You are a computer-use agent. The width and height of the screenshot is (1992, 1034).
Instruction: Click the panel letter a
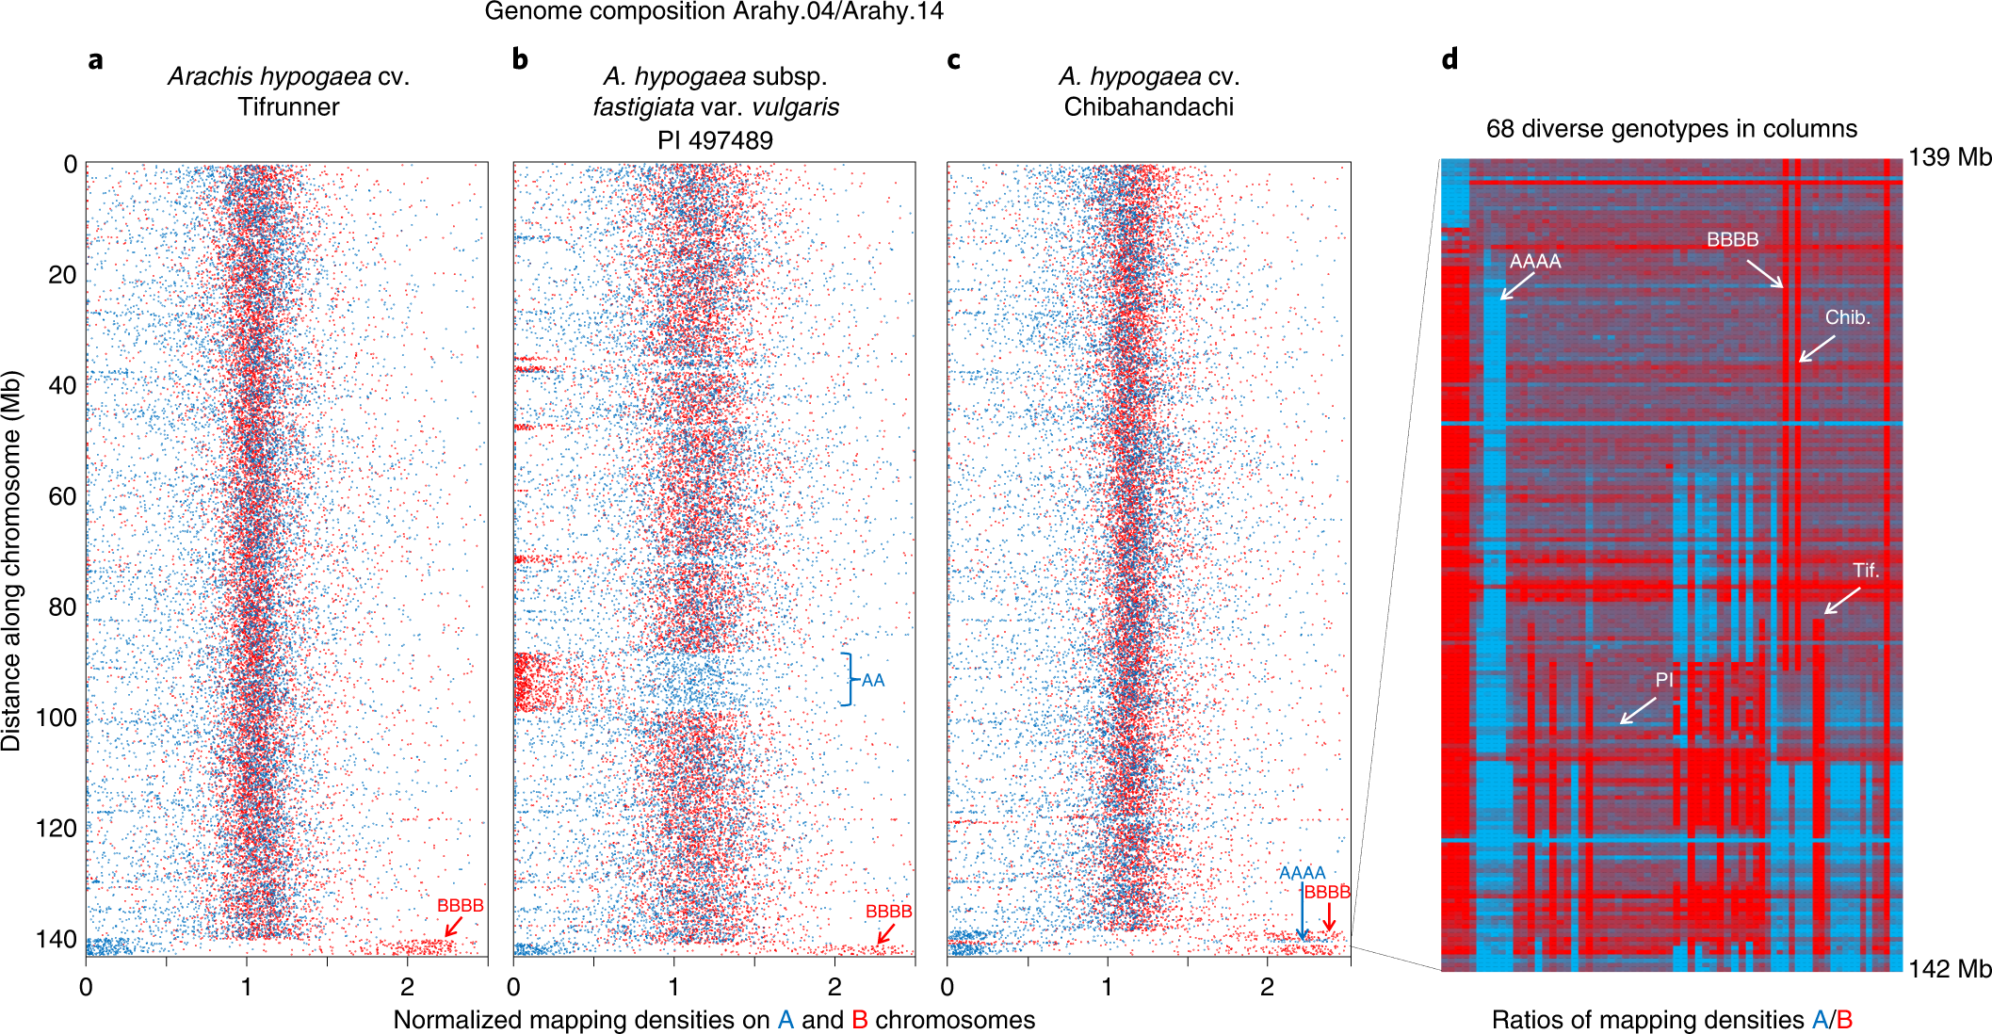click(95, 60)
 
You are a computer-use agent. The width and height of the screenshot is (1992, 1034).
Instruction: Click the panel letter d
click(1449, 59)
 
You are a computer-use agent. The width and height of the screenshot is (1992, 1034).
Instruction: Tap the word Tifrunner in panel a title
click(288, 106)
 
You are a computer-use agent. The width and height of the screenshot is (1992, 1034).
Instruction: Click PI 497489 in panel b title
click(715, 140)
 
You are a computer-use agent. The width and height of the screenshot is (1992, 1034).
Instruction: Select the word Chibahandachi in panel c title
click(1148, 106)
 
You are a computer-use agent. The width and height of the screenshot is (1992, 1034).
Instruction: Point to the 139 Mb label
click(1949, 156)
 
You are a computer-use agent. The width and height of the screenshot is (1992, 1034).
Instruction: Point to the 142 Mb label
click(1949, 968)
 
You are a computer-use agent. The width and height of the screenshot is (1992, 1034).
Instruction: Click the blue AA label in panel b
click(873, 680)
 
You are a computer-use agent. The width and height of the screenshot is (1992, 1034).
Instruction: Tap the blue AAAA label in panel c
click(1302, 873)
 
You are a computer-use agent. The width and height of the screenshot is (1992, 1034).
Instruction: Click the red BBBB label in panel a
click(460, 905)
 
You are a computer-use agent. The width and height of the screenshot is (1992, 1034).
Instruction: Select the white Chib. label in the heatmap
click(1847, 317)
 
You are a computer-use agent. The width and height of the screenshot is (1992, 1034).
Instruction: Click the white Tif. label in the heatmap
click(1865, 570)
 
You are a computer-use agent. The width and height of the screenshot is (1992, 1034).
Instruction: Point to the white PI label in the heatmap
click(1664, 679)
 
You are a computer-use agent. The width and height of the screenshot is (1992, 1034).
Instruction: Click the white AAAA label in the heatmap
click(1535, 261)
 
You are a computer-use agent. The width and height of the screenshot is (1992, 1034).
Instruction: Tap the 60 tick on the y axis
click(62, 496)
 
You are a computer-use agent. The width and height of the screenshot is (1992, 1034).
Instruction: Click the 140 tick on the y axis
click(56, 939)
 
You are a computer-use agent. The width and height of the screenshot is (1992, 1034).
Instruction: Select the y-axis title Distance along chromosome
click(11, 560)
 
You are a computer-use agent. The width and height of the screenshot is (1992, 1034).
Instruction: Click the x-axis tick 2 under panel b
click(834, 986)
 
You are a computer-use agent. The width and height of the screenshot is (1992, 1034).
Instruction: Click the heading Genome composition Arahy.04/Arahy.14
click(714, 11)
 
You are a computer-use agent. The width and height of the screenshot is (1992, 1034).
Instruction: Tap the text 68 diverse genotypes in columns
click(1671, 128)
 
